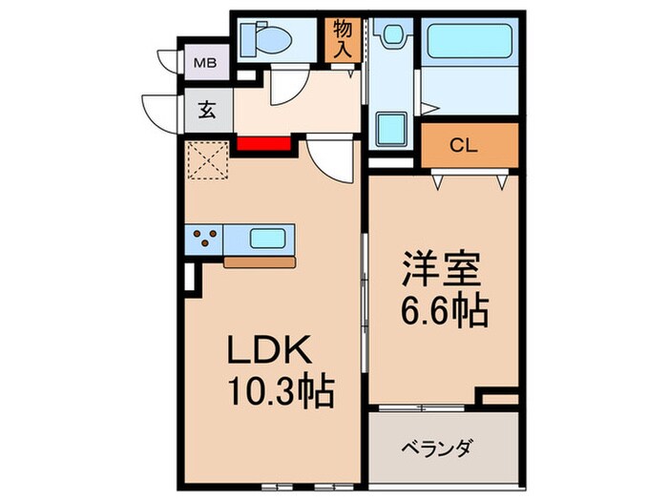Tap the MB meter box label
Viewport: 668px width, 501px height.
205,64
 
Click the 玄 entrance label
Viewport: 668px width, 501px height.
207,108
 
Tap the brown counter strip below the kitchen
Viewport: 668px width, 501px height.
260,260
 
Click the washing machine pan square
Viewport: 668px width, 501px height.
389,130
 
